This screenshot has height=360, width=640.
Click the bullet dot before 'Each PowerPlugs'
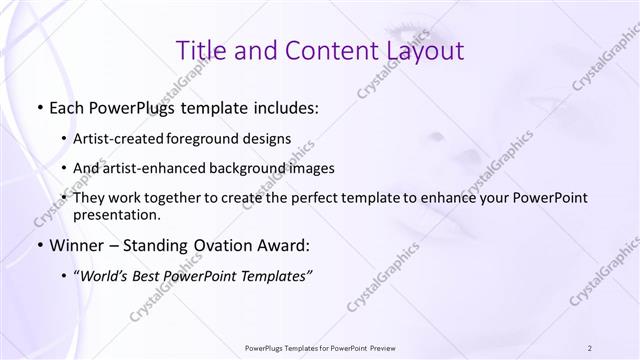(38, 106)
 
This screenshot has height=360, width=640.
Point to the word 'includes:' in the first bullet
(283, 106)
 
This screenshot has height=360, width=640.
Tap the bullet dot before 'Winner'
(38, 244)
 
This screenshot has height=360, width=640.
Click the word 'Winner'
(78, 244)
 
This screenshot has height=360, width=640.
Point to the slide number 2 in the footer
(591, 347)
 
